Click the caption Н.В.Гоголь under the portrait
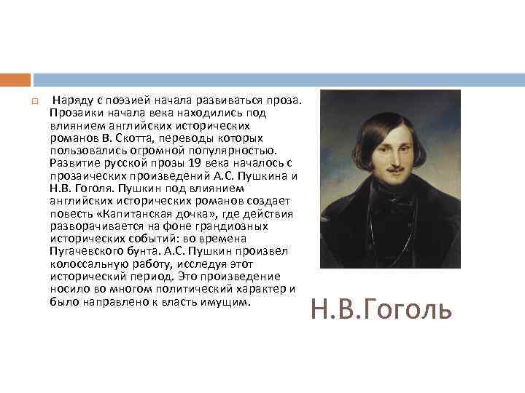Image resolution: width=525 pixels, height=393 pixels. point(381,309)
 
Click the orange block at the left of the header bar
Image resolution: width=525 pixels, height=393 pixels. point(15,79)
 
